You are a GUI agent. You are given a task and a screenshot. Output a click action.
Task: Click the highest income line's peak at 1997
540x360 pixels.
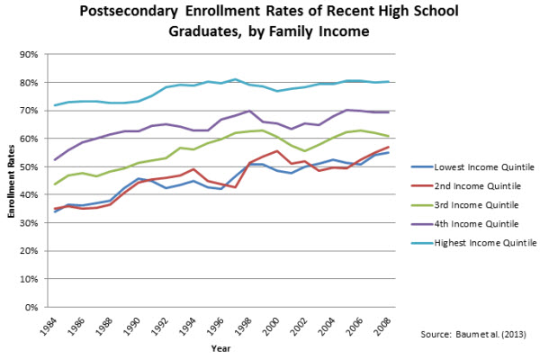(235, 79)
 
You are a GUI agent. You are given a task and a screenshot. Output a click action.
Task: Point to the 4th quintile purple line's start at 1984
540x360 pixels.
(55, 160)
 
